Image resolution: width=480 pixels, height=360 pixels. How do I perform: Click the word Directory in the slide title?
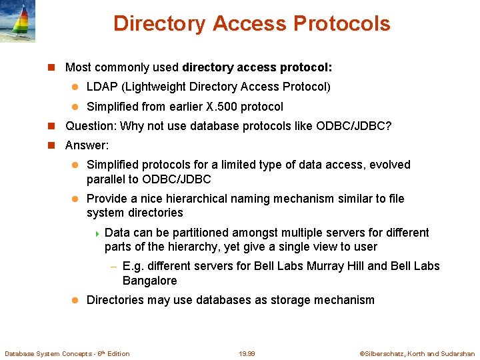[160, 23]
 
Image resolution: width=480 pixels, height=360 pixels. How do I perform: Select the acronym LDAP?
[101, 87]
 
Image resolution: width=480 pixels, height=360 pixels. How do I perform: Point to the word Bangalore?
[150, 281]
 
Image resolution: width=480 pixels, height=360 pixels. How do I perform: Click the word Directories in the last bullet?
[115, 300]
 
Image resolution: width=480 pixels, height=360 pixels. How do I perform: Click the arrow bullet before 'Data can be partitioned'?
[97, 233]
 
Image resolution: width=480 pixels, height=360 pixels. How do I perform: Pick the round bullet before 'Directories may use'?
[75, 300]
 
